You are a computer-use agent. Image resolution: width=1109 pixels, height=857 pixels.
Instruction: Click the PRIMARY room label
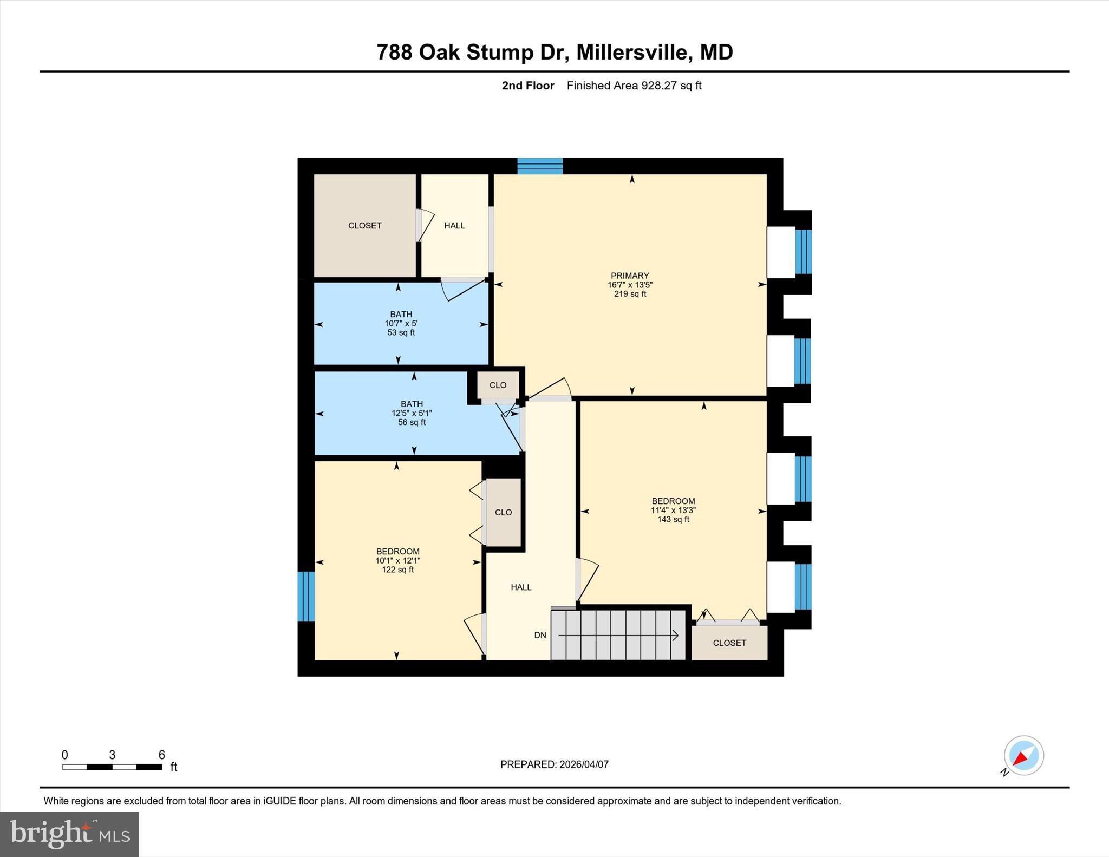(x=629, y=276)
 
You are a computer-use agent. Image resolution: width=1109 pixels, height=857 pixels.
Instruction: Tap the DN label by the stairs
(x=540, y=635)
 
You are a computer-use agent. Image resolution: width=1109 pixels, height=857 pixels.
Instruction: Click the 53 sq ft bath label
(x=401, y=332)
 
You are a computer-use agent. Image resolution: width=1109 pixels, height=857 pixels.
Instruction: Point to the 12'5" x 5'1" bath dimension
(x=412, y=413)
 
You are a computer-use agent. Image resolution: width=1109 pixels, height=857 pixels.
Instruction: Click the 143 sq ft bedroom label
(x=673, y=519)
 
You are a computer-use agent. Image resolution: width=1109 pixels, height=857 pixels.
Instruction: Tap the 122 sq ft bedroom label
(x=397, y=570)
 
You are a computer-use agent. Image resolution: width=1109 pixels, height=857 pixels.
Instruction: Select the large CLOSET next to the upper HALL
(x=364, y=225)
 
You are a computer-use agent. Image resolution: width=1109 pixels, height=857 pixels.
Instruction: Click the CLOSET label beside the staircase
(x=729, y=643)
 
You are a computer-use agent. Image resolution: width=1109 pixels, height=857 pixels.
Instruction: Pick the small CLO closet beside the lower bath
(x=498, y=385)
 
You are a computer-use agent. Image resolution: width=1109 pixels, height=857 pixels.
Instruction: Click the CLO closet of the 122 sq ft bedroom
(x=503, y=512)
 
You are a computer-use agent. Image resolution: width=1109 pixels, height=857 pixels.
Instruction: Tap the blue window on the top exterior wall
(x=540, y=166)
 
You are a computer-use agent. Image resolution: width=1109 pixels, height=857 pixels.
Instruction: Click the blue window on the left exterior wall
(x=306, y=596)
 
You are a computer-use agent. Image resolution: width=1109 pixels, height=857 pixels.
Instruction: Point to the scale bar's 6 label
(x=161, y=755)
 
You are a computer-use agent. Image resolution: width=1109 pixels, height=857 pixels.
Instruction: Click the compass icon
(x=1023, y=756)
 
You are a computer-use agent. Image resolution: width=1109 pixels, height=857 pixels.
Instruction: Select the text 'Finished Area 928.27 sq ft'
(x=634, y=86)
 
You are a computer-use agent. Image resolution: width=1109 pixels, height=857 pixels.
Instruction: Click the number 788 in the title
(x=394, y=53)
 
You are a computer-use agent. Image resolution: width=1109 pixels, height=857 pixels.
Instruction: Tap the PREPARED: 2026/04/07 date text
(x=554, y=764)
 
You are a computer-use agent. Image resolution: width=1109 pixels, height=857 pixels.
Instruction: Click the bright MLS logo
(x=69, y=834)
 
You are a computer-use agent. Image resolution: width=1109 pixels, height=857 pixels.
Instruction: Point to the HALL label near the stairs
(x=521, y=587)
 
